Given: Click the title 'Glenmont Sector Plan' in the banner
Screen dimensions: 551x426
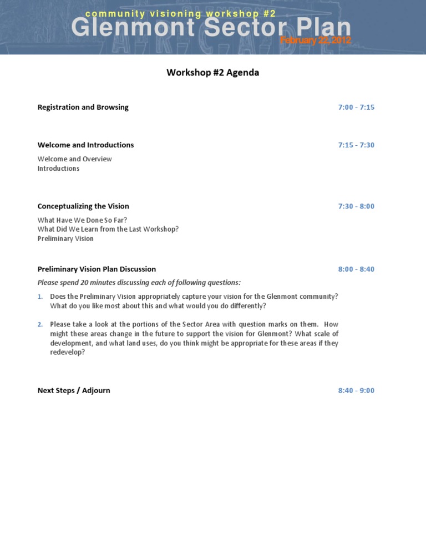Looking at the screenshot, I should pyautogui.click(x=211, y=28).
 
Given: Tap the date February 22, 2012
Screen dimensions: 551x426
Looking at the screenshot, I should pyautogui.click(x=315, y=40).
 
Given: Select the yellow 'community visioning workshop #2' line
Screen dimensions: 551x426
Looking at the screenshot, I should pyautogui.click(x=181, y=13).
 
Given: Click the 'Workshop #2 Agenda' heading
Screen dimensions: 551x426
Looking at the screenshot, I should pyautogui.click(x=212, y=73).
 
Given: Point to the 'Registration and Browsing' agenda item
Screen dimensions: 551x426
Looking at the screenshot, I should pyautogui.click(x=83, y=108).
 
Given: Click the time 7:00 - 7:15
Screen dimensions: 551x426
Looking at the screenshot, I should pyautogui.click(x=356, y=108).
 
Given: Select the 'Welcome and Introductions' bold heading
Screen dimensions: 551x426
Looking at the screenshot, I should pyautogui.click(x=85, y=145).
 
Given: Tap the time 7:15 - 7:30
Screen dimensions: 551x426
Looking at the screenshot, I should pyautogui.click(x=356, y=145).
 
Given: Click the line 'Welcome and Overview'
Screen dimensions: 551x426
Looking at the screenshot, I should pyautogui.click(x=74, y=159).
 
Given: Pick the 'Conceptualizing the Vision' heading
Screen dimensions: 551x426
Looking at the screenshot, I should pyautogui.click(x=83, y=206).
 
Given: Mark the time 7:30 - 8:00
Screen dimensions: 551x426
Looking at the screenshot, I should pyautogui.click(x=356, y=206).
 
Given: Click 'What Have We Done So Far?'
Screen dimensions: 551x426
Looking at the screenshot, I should pyautogui.click(x=82, y=220).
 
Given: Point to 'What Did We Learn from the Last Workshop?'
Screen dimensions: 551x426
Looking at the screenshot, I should pyautogui.click(x=108, y=229).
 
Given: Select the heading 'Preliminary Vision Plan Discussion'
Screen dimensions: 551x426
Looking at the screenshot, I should pyautogui.click(x=97, y=269).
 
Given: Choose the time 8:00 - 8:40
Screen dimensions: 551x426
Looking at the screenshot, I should pyautogui.click(x=356, y=269).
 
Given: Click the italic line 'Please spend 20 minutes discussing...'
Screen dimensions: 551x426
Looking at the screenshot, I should pyautogui.click(x=139, y=283).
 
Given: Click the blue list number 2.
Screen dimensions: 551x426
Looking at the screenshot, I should pyautogui.click(x=40, y=324).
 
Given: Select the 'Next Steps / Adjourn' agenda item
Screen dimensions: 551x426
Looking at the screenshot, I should pyautogui.click(x=74, y=391).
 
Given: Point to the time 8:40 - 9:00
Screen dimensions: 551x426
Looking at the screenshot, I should pyautogui.click(x=356, y=391).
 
